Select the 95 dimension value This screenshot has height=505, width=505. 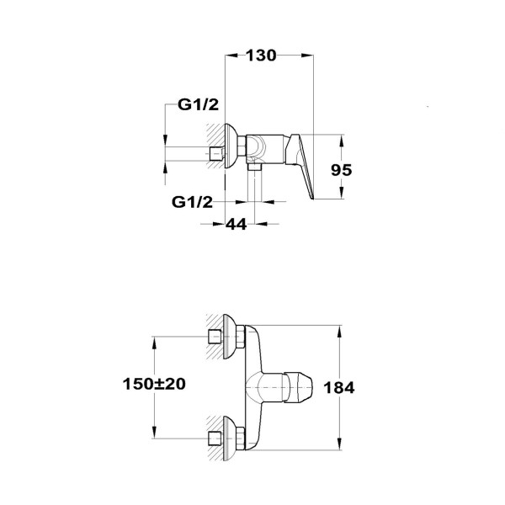(x=341, y=168)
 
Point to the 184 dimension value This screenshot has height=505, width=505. (x=341, y=388)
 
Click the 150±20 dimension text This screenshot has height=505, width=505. (x=152, y=383)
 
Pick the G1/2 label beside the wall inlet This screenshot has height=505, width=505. (x=198, y=105)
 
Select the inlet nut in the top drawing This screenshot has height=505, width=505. (x=216, y=154)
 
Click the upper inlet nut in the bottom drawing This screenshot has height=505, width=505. (x=216, y=338)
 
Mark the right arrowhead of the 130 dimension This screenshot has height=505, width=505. (x=309, y=56)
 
